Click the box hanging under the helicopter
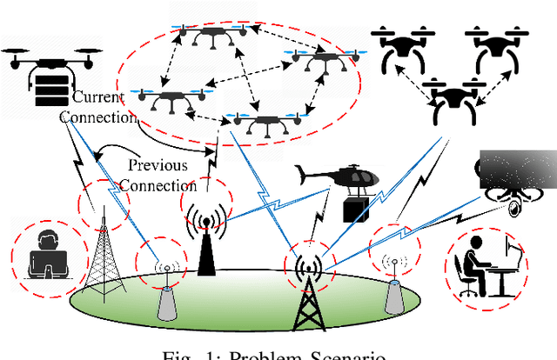(355, 208)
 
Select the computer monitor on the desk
(513, 260)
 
